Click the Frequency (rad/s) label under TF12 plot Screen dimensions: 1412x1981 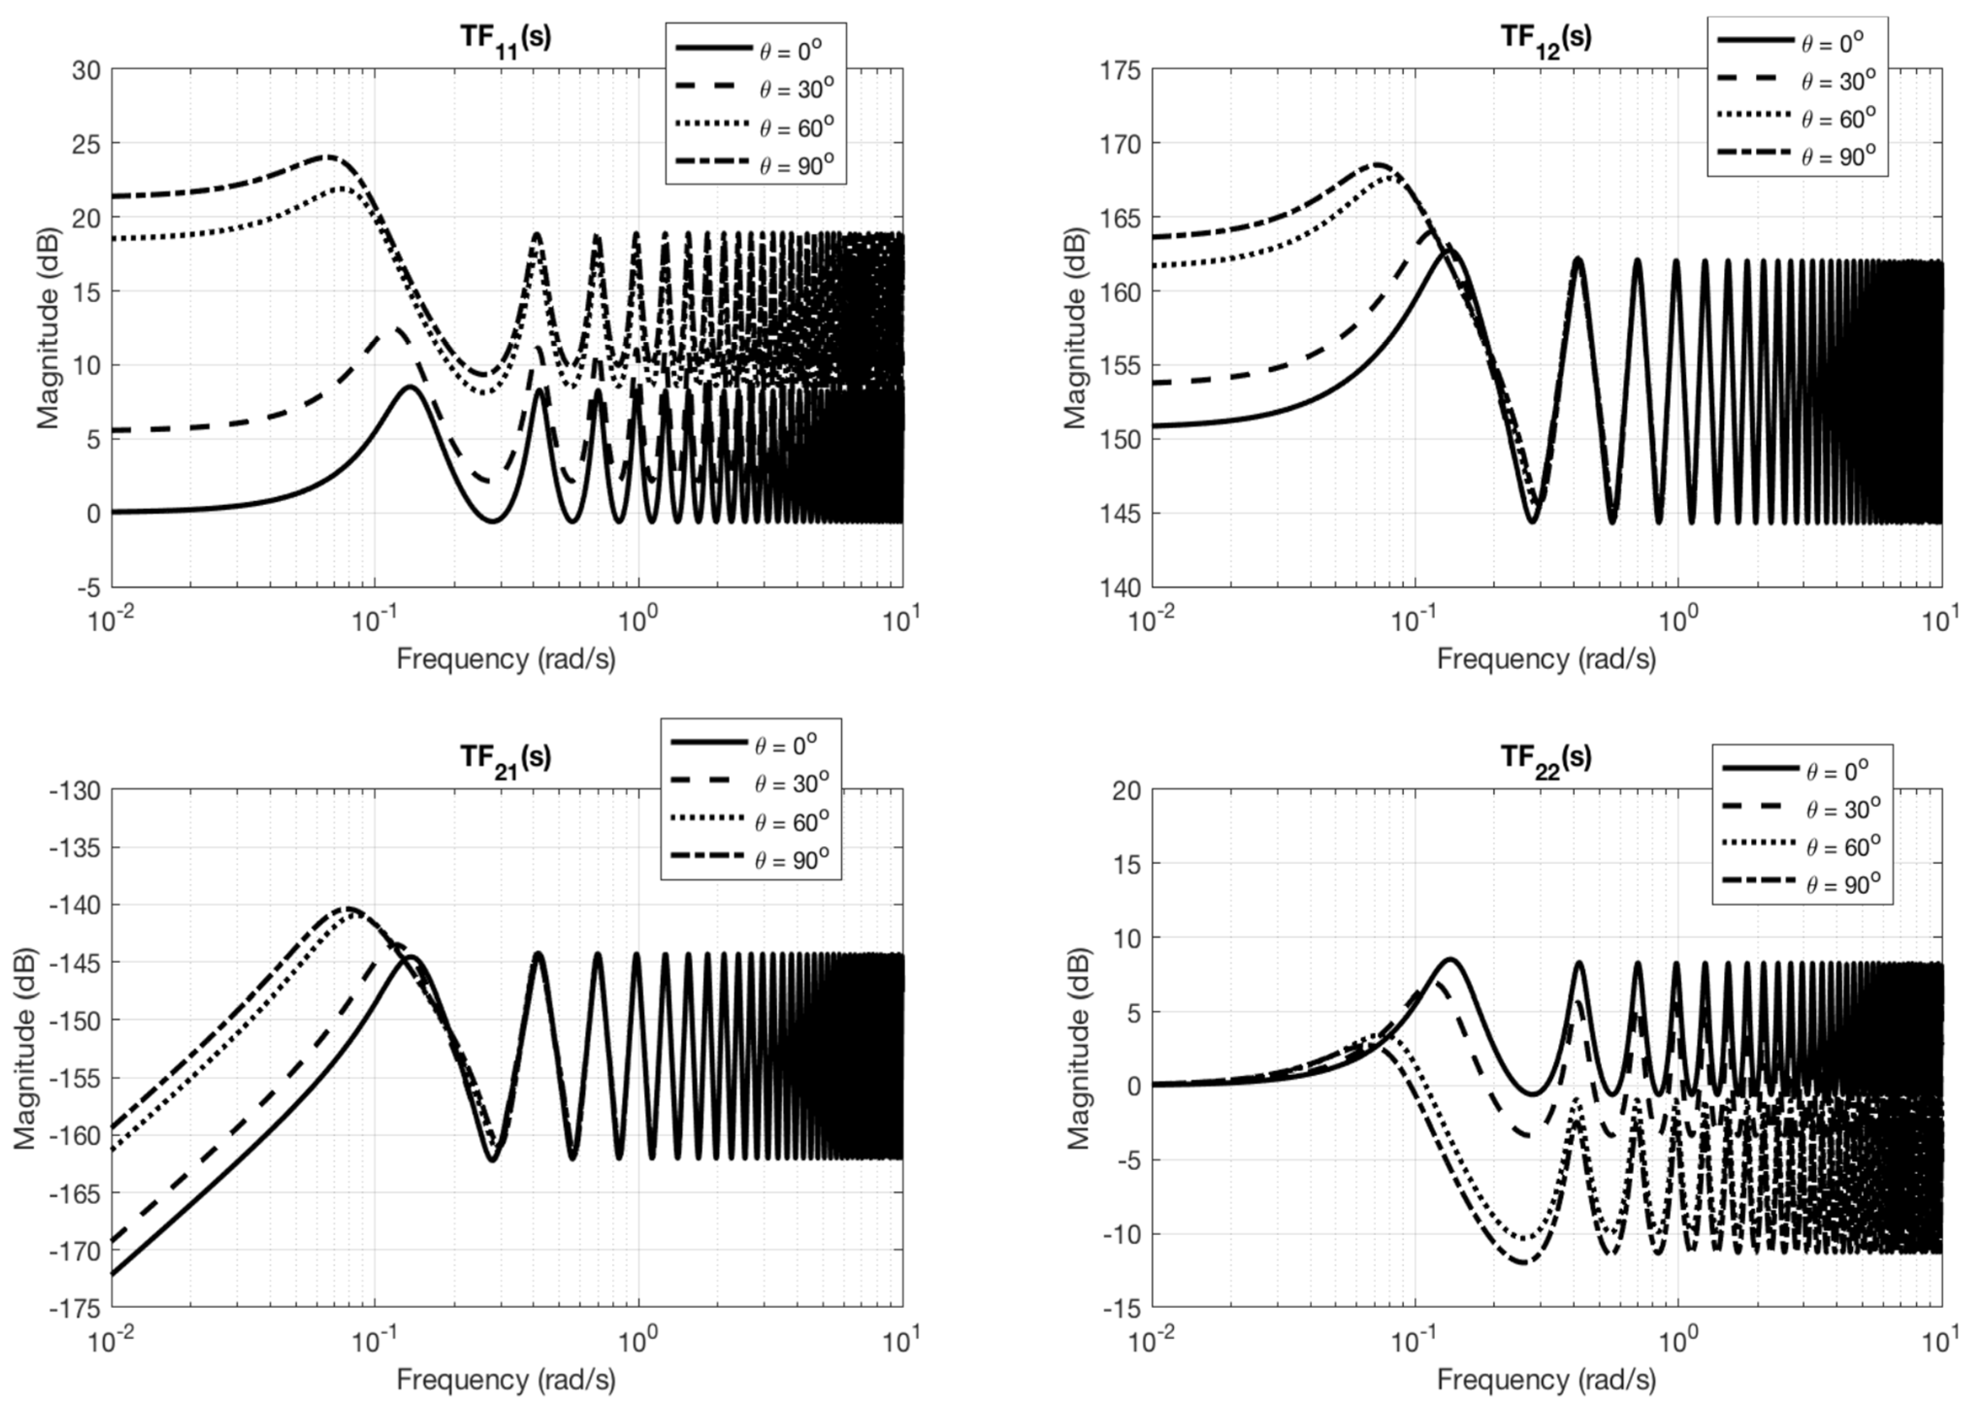point(1546,658)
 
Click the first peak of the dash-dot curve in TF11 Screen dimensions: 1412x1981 point(326,157)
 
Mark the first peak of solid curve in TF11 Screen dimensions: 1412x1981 point(409,387)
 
